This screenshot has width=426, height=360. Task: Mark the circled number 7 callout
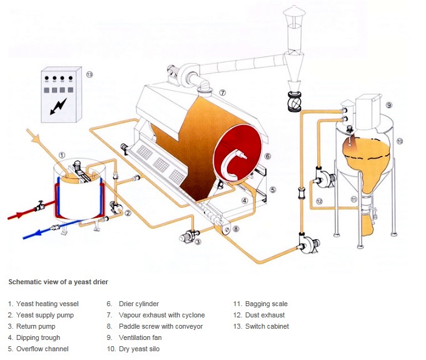coord(222,93)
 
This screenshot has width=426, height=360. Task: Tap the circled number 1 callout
coord(61,155)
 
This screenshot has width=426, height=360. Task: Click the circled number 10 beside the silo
coord(400,141)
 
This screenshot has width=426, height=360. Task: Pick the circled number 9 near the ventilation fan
coord(388,105)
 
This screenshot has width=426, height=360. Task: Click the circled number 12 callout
coord(318,201)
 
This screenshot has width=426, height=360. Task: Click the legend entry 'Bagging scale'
coord(256,304)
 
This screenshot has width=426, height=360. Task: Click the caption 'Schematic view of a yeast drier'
coord(58,282)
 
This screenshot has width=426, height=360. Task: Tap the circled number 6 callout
coord(267,156)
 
